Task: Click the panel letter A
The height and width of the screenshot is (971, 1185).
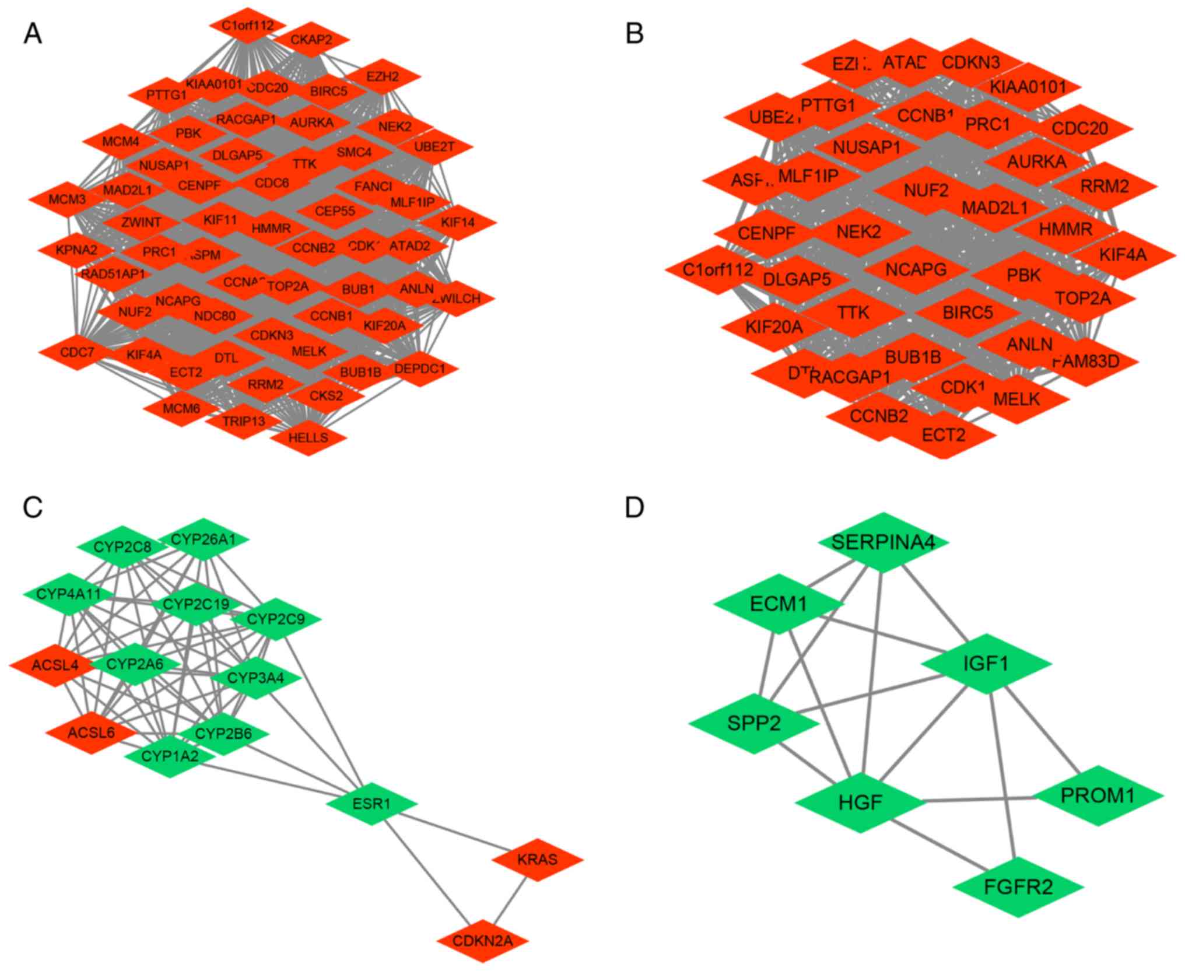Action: [33, 34]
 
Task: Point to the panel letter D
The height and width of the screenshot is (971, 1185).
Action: [634, 507]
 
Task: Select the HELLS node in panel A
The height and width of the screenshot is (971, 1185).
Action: [308, 437]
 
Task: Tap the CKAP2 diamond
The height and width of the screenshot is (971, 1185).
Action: [311, 40]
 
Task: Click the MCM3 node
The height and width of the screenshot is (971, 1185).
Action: [67, 199]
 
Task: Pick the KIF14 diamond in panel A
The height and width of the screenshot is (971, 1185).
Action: [458, 222]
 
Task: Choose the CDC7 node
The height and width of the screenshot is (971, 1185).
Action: [77, 352]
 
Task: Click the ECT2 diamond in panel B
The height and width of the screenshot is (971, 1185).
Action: [944, 435]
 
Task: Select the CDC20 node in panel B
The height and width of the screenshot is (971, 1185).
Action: [1080, 128]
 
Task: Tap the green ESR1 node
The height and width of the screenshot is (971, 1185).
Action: [371, 804]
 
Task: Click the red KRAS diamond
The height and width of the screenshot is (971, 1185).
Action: [537, 859]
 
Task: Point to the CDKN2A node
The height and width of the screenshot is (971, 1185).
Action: [483, 941]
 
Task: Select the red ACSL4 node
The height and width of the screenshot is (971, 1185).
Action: [55, 665]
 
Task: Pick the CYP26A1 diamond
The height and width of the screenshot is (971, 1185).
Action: [203, 539]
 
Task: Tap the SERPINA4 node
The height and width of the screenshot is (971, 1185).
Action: [883, 542]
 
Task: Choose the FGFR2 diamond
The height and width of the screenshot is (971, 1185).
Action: [1018, 887]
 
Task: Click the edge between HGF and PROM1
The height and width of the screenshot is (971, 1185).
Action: [980, 800]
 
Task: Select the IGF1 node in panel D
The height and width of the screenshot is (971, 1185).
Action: [986, 664]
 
